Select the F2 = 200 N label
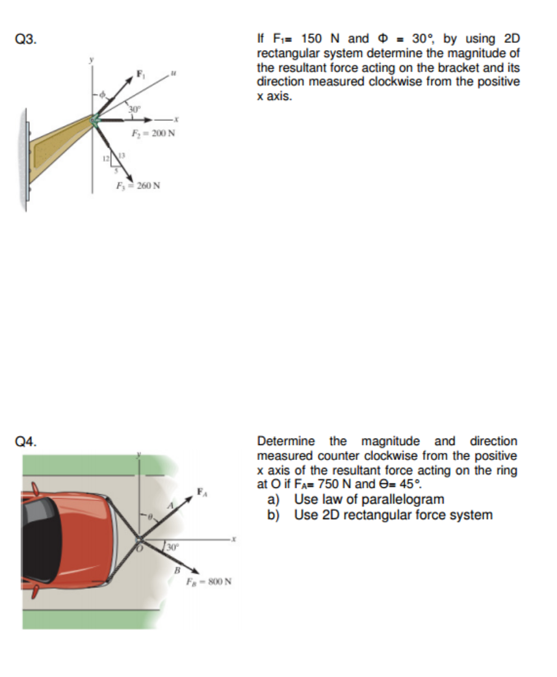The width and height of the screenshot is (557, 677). (151, 134)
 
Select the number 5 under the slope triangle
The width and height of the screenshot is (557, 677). (115, 172)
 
